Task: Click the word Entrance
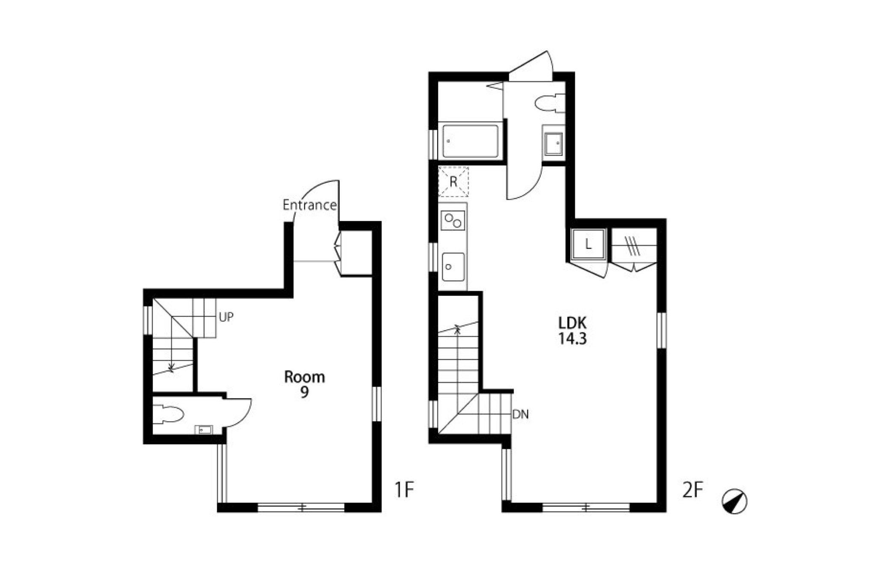tap(310, 205)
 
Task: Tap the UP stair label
tap(226, 317)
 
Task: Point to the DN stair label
tap(521, 414)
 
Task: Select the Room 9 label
tap(305, 384)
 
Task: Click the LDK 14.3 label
tap(572, 331)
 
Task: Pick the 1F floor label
tap(404, 490)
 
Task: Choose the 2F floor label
tap(693, 490)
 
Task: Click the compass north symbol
tap(734, 501)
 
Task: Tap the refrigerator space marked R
tap(453, 182)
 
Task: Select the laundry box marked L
tap(588, 244)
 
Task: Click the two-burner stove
tap(453, 220)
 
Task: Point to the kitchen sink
tap(453, 267)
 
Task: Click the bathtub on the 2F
tap(471, 141)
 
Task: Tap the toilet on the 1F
tap(168, 414)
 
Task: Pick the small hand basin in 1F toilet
tap(204, 429)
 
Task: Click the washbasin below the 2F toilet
tap(554, 143)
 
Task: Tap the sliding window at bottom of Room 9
tap(301, 508)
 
